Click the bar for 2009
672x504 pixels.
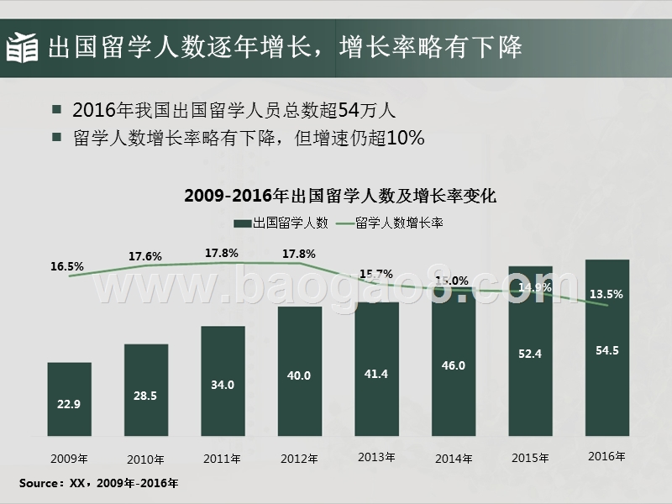[x=69, y=399]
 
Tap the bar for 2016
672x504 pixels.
[x=606, y=349]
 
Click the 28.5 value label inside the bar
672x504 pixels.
[x=145, y=395]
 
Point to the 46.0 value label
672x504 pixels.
[x=453, y=366]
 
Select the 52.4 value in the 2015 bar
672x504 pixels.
[x=530, y=354]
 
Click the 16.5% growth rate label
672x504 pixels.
[x=67, y=266]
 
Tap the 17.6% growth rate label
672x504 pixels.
[x=145, y=255]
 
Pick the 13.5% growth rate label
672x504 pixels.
[x=606, y=294]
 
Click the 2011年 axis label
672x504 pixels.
[x=223, y=459]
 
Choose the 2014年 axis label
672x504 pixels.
[x=454, y=459]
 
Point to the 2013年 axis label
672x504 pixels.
[x=376, y=457]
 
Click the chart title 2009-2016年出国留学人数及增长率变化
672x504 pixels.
[x=340, y=197]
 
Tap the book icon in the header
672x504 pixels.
[x=23, y=48]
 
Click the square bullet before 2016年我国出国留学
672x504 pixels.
[x=56, y=110]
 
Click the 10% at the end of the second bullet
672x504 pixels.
[x=406, y=137]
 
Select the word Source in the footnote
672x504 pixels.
[x=39, y=484]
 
